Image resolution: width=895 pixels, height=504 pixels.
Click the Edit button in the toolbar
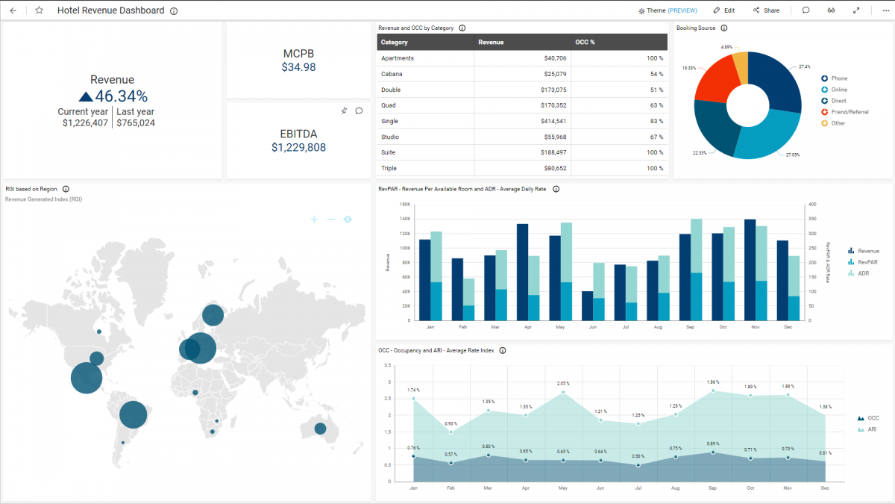723,10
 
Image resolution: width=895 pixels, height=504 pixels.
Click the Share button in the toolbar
766,10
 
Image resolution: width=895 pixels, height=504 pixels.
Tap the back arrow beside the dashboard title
13,10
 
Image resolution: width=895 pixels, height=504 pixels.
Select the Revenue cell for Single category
552,121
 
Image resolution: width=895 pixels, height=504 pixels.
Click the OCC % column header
585,43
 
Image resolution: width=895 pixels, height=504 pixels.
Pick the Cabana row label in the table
392,74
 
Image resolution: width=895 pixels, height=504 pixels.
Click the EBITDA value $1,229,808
298,148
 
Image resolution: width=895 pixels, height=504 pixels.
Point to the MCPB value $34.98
298,67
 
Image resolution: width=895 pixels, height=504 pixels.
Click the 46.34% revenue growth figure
121,96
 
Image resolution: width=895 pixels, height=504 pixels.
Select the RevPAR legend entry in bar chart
865,262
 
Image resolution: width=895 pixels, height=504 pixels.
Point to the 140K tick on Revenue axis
406,219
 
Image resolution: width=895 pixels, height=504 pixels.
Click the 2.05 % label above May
563,383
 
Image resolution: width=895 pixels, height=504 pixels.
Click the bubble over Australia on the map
320,429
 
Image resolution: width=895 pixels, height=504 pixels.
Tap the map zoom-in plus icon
314,220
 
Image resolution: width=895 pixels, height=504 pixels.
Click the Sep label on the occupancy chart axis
713,488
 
